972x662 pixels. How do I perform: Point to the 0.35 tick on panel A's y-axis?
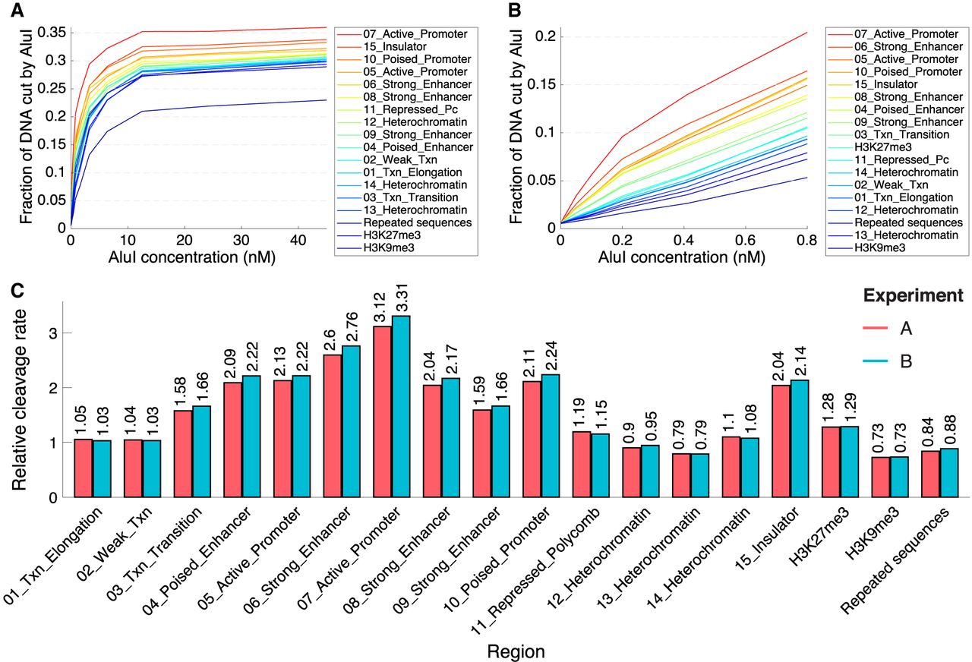[55, 33]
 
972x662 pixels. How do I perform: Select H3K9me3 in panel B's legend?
[873, 247]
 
